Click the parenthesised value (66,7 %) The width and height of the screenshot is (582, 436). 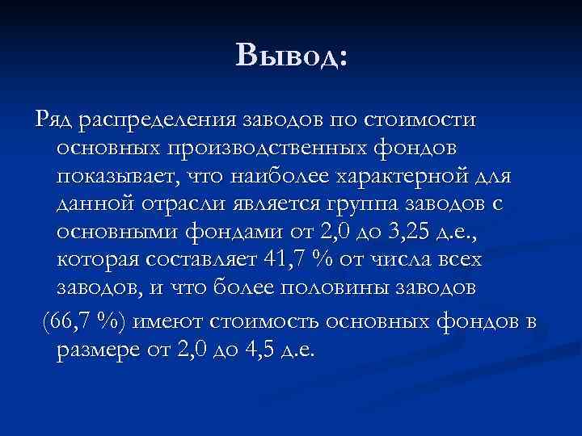coord(73,321)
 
